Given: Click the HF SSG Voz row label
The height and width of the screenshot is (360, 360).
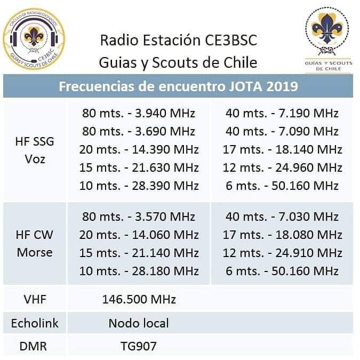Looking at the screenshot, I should coord(35,150).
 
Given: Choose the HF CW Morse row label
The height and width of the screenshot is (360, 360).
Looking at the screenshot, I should coord(35,243).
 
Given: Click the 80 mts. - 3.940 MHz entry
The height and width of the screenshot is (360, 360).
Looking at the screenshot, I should coord(139,113).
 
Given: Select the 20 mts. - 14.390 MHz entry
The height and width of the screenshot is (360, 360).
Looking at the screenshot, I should coord(139,149).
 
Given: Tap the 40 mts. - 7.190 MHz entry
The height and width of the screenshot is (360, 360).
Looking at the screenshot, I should coord(282,113).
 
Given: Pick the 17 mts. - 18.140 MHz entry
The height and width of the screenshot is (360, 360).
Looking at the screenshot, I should coord(282,149).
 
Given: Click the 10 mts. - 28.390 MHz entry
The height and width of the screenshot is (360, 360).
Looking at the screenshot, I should coord(139,186).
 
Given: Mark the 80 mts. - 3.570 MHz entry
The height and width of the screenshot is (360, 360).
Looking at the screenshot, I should coord(139,217).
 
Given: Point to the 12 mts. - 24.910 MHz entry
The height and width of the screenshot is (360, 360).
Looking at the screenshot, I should coord(282,253).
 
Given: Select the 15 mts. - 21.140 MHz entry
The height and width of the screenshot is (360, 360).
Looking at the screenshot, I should coord(139,253).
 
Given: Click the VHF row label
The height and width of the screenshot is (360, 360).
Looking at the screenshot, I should coord(35,300).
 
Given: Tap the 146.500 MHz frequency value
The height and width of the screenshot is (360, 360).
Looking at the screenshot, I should coord(139,300).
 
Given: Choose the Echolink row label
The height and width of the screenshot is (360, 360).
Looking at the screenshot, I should coord(35,323).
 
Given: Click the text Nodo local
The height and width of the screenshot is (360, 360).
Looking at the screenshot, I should coord(139,323).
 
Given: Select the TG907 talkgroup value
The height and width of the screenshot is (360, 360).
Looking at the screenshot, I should coord(139,347).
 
